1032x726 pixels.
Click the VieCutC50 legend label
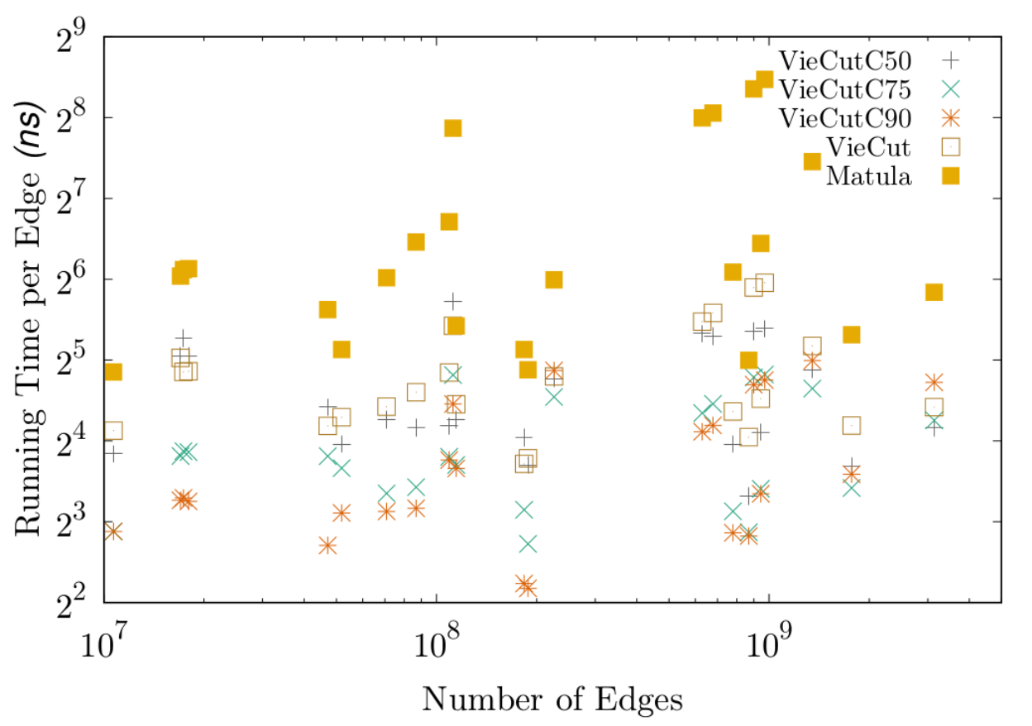[845, 60]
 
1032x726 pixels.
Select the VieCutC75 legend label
[845, 89]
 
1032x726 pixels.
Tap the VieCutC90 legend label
[845, 118]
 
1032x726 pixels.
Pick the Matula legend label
[869, 176]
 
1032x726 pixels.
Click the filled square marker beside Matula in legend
[950, 176]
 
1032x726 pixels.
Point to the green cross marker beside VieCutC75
[950, 89]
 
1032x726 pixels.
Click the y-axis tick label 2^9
[70, 37]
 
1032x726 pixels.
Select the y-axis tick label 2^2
[70, 603]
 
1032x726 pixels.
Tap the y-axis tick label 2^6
[70, 279]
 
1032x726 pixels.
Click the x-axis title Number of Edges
[552, 700]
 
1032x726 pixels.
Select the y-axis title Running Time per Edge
[29, 318]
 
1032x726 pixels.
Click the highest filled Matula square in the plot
[764, 79]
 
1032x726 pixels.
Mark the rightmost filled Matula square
[934, 292]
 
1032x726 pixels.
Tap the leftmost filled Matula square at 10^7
[113, 372]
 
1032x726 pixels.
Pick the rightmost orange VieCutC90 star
[934, 382]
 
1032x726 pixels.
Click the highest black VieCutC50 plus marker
[453, 301]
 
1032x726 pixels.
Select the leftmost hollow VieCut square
[113, 430]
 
